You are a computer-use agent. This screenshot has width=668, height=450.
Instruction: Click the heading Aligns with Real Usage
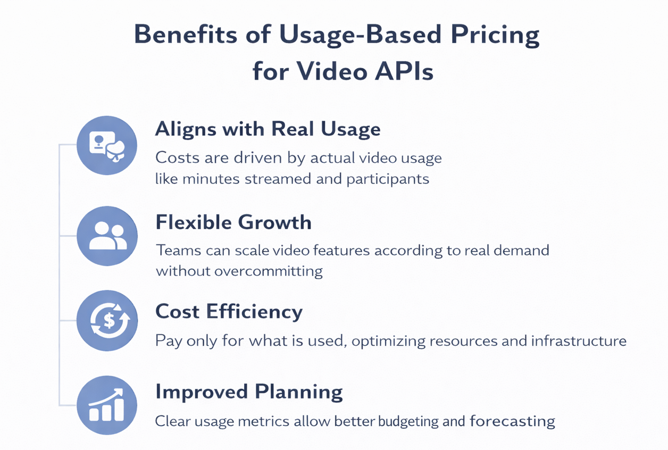(x=268, y=129)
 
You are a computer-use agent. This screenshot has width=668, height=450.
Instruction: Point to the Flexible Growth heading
(x=233, y=222)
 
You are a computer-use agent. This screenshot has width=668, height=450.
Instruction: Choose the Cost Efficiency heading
(x=229, y=311)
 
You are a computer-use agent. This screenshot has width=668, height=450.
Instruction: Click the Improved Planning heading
(x=249, y=392)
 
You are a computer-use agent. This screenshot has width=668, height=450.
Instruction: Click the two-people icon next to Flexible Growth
(x=107, y=236)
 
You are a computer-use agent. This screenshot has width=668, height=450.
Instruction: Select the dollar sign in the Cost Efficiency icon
(x=108, y=320)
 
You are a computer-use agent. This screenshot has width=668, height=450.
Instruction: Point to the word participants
(x=388, y=179)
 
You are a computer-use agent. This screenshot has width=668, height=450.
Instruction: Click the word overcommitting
(x=268, y=271)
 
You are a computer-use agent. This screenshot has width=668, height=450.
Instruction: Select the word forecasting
(x=512, y=422)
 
